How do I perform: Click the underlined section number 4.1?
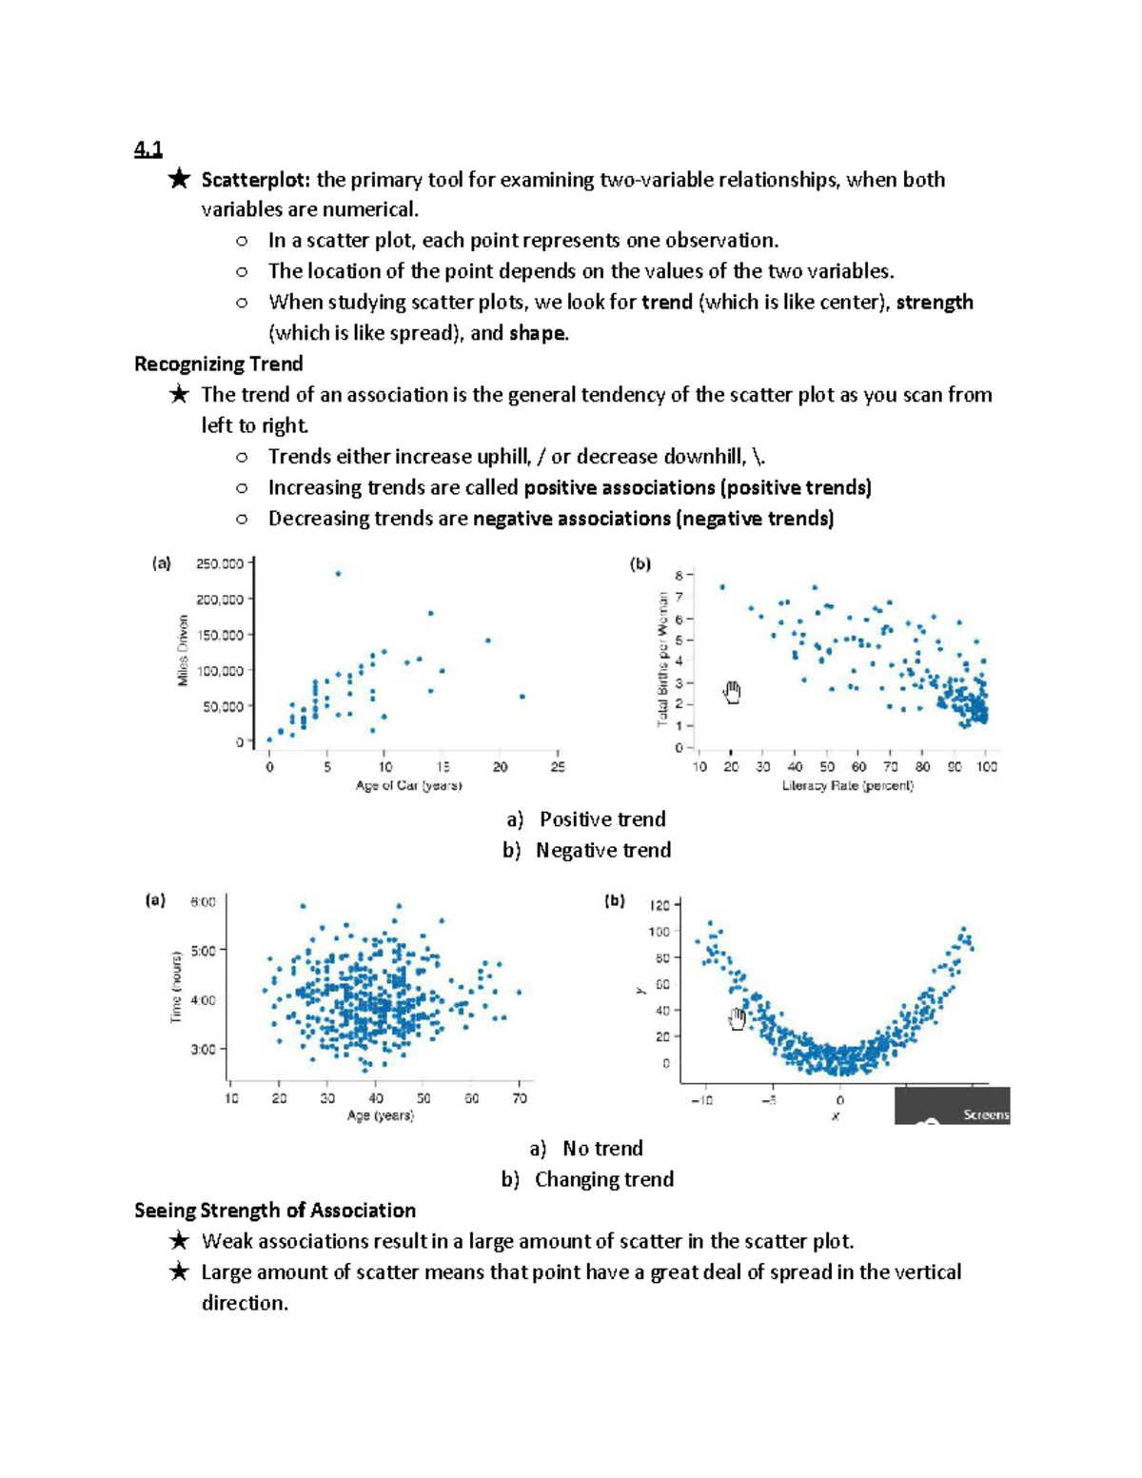coord(148,149)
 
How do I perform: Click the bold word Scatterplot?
coord(255,180)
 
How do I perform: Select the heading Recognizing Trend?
coord(218,364)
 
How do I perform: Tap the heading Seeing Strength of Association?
coord(274,1211)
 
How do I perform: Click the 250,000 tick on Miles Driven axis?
coord(220,563)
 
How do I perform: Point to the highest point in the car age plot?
coord(338,573)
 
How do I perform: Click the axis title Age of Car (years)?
coord(408,786)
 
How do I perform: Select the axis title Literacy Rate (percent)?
coord(847,786)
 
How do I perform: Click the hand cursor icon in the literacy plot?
coord(732,692)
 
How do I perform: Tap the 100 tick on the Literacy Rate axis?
coord(986,767)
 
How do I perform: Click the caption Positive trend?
coord(601,819)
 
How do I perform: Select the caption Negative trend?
coord(602,850)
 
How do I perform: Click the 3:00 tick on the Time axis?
coord(203,1050)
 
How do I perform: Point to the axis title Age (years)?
coord(380,1115)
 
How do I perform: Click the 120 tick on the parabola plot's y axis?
coord(660,905)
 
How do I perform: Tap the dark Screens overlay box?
coord(952,1107)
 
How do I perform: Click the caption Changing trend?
coord(603,1179)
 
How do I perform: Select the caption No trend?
coord(601,1149)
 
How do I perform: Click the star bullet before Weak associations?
coord(178,1241)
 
